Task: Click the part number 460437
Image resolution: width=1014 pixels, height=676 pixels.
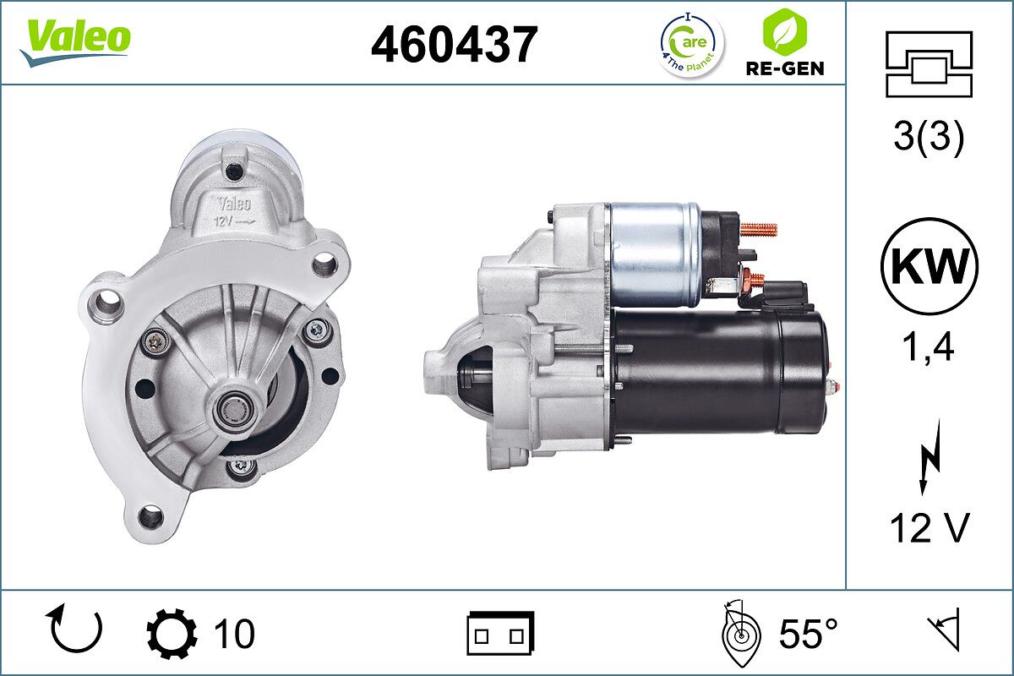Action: tap(454, 45)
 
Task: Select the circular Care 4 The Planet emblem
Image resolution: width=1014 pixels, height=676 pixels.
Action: tap(691, 43)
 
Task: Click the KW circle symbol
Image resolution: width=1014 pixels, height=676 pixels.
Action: tap(929, 266)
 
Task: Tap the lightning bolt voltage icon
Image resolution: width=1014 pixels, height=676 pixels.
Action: tap(929, 461)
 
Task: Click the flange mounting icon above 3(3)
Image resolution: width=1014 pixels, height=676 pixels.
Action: tap(929, 63)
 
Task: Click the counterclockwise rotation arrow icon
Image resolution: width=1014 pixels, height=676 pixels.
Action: tap(77, 630)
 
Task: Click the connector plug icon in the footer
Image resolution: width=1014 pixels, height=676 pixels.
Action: tap(500, 634)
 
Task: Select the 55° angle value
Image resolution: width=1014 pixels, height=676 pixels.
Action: tap(807, 634)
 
